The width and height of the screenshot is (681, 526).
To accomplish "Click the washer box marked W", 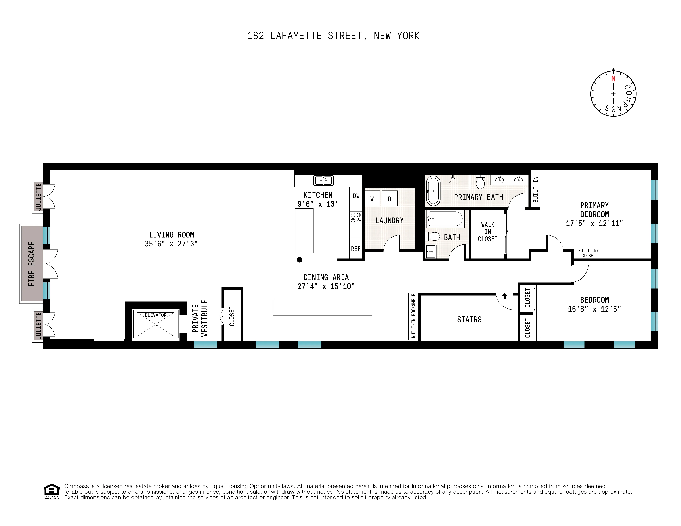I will pos(372,199).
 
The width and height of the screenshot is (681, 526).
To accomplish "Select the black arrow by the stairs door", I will pos(504,296).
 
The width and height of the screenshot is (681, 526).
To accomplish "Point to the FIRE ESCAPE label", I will pos(31,264).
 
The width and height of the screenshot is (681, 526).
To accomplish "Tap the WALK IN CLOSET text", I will pos(488,232).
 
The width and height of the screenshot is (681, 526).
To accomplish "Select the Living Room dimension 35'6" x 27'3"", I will pos(171,244).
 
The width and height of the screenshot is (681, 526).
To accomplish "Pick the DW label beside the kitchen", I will pos(356,196).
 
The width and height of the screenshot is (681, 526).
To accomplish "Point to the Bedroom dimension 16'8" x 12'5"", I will pos(594,309).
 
